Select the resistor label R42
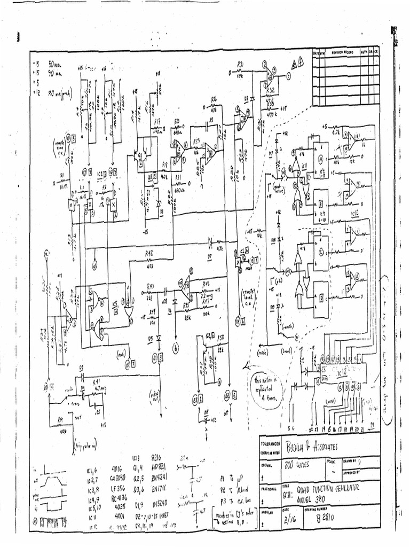tap(149, 253)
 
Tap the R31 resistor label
tap(240, 64)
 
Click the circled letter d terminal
tap(94, 263)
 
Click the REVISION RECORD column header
tap(342, 53)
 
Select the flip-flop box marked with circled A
tap(321, 158)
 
